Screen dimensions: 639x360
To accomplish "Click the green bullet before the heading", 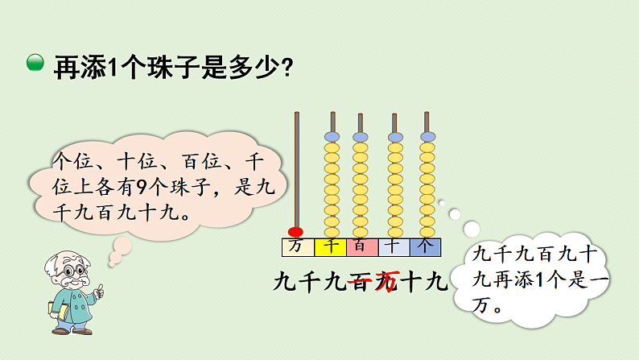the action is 35,64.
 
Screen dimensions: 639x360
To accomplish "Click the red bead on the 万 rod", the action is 295,232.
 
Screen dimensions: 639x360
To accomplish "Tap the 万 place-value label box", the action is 296,246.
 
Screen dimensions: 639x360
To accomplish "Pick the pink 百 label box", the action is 361,246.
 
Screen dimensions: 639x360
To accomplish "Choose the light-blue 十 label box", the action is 394,246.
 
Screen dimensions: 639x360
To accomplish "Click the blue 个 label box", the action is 427,246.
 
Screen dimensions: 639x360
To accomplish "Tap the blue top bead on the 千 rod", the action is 331,137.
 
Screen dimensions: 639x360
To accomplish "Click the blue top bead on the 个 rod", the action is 427,137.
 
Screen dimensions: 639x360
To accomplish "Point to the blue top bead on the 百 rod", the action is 361,137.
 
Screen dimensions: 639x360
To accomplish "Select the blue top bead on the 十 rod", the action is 394,137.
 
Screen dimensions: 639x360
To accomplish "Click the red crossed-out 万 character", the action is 387,282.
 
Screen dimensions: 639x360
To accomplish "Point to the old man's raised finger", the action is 99,288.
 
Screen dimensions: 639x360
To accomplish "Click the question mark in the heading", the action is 286,66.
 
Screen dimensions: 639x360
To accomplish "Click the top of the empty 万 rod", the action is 296,115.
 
